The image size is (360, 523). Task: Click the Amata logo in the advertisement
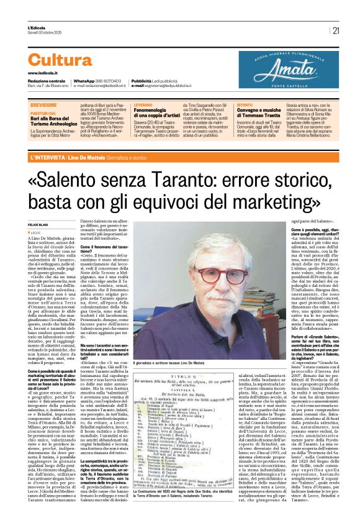pos(289,65)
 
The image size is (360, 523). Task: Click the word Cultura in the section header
pos(60,60)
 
